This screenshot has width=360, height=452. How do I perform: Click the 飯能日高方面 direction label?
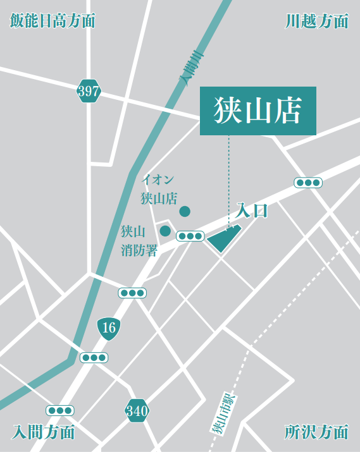53,21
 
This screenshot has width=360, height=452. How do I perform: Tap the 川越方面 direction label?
316,21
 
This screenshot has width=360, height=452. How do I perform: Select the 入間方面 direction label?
44,432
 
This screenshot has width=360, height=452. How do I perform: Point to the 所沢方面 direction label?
316,432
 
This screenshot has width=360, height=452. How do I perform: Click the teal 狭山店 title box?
258,111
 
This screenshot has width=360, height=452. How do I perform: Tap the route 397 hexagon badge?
89,92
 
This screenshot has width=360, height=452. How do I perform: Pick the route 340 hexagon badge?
137,412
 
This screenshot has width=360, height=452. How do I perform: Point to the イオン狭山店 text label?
158,189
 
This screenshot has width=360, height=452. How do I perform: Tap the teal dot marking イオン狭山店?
185,211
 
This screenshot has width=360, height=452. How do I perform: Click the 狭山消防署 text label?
139,241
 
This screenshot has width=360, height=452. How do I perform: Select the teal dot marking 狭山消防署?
165,231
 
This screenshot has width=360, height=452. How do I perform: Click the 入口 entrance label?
252,211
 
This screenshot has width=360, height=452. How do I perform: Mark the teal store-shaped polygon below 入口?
223,239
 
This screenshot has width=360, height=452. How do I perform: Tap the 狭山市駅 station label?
220,415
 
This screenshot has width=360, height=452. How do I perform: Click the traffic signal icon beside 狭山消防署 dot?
190,236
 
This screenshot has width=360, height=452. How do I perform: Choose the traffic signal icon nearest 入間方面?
60,410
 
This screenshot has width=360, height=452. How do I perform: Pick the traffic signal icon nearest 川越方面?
308,183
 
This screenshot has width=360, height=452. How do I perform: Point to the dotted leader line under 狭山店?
229,177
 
